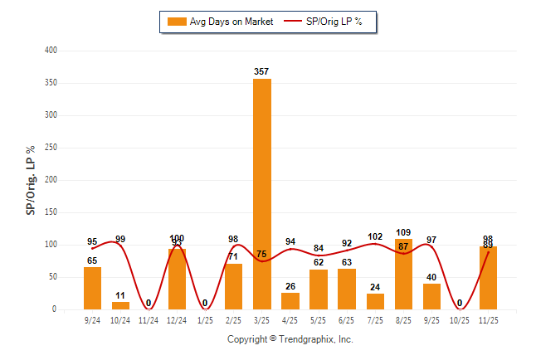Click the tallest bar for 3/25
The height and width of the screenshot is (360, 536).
[x=262, y=194]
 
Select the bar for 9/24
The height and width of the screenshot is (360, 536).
[x=93, y=288]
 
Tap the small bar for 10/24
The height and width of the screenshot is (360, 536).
[x=121, y=305]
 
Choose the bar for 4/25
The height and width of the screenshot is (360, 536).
[x=290, y=301]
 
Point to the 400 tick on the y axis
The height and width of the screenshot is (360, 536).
[x=51, y=51]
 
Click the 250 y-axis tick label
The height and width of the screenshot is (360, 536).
[x=51, y=148]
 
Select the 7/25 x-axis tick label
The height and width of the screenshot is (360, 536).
[x=375, y=319]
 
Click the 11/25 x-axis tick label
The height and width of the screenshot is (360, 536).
[x=488, y=319]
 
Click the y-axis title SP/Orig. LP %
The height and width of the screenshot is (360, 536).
[x=31, y=180]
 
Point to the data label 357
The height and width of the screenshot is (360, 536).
[x=262, y=72]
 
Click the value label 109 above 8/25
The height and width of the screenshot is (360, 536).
[x=404, y=232]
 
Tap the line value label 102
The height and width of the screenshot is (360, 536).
[x=376, y=236]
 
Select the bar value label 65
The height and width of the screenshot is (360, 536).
[x=92, y=260]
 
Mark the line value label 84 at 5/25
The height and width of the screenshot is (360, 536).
[x=319, y=248]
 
